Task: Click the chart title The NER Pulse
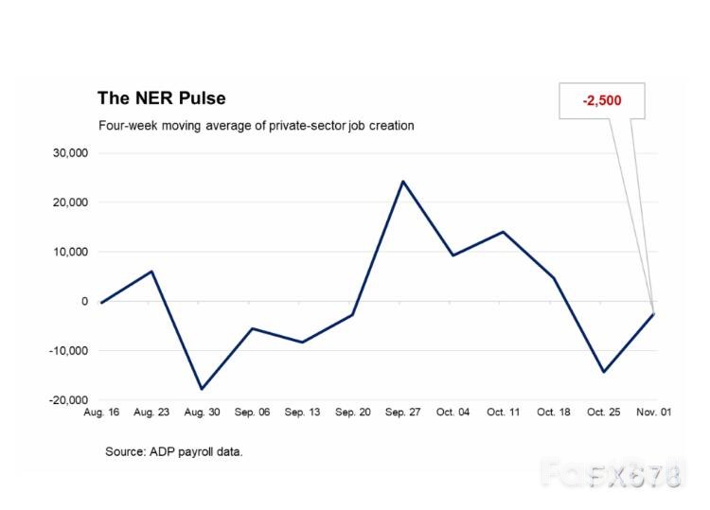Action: (x=161, y=98)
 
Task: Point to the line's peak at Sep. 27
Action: (x=402, y=181)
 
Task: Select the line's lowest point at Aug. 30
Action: (x=201, y=389)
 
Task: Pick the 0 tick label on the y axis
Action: (x=84, y=301)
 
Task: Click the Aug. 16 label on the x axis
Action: (x=100, y=413)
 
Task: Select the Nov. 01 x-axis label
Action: (x=653, y=413)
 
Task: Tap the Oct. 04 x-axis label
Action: (x=453, y=413)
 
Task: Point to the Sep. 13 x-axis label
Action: (x=301, y=413)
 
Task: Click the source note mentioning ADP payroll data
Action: (x=174, y=452)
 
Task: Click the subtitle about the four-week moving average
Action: (x=257, y=125)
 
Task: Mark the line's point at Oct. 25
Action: (x=603, y=372)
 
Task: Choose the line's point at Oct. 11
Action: (x=503, y=232)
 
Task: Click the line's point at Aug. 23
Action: (x=151, y=272)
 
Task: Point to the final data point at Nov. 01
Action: (x=653, y=313)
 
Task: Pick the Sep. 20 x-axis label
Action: (x=352, y=413)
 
